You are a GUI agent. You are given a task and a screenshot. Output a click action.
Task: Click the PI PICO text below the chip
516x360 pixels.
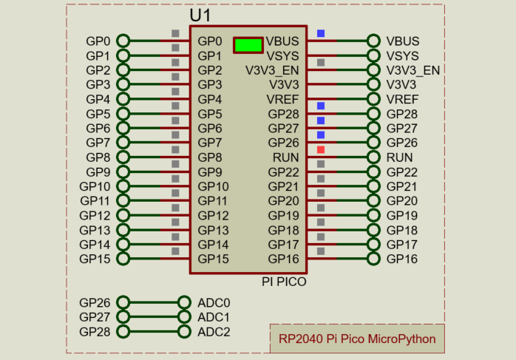[x=284, y=282]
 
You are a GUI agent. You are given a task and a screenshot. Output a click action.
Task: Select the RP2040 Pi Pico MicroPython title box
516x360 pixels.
[x=357, y=340]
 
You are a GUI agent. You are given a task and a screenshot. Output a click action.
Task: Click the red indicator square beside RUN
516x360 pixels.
[x=321, y=150]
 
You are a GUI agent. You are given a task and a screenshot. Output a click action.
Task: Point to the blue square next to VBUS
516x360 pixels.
[x=321, y=33]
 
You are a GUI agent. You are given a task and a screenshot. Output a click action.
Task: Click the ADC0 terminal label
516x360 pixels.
[x=214, y=303]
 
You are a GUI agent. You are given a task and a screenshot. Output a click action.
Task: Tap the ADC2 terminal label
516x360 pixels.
[x=214, y=332]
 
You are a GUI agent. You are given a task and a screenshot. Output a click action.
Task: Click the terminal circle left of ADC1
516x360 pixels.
[x=185, y=317]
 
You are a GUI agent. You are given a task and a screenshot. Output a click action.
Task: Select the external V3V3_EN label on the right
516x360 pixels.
[x=413, y=70]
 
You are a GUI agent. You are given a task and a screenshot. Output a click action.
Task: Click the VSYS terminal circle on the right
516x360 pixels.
[x=374, y=55]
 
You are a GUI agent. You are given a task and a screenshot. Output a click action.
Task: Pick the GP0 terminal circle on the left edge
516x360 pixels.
[x=123, y=41]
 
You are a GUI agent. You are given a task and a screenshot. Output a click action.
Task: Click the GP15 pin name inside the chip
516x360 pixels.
[x=213, y=259]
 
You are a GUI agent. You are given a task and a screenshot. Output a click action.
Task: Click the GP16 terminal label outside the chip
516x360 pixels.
[x=402, y=259]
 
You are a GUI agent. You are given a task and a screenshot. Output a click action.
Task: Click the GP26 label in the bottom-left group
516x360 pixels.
[x=94, y=303]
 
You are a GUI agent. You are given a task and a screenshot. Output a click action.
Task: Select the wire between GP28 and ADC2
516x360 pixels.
[x=154, y=332]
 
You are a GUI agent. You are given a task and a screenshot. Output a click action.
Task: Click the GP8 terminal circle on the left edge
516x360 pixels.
[x=123, y=157]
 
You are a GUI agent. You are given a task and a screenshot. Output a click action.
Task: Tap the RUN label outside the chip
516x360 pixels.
[x=400, y=157]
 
